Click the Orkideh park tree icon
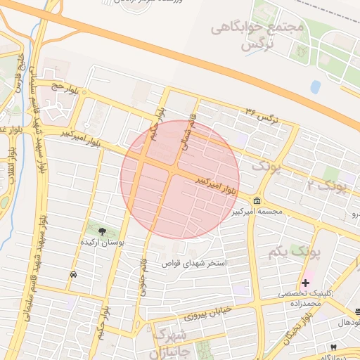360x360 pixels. pos(103,231)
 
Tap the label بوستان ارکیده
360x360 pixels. pos(103,242)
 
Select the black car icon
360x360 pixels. pos(74,275)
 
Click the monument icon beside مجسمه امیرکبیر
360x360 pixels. pos(257,200)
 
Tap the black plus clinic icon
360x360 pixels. pos(305,282)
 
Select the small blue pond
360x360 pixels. pos(315,87)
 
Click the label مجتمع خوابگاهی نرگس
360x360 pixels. pos(259,36)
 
